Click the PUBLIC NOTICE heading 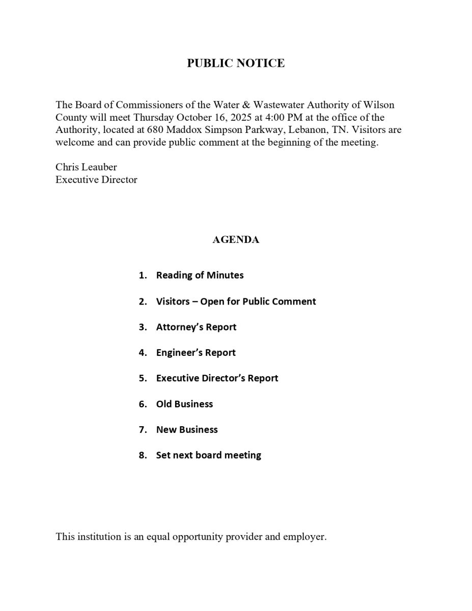pos(236,63)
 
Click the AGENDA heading pos(236,240)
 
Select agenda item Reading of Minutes pos(200,275)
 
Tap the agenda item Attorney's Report pos(196,327)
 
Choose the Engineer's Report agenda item pos(196,352)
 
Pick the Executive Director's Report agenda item pos(217,378)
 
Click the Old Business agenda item pos(184,404)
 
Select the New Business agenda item pos(186,430)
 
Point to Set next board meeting pos(208,455)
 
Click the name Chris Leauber pos(86,167)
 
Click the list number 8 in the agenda pos(142,455)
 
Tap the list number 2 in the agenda pos(142,301)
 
